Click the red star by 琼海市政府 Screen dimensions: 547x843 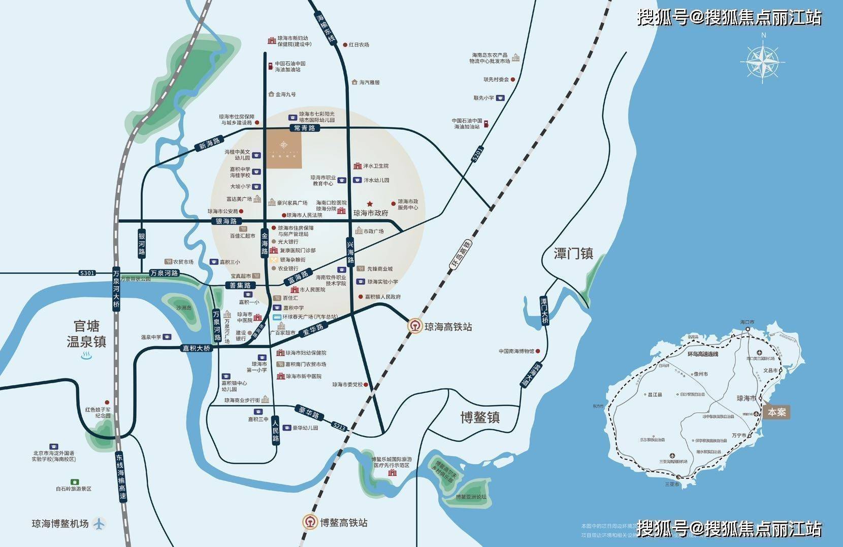[x=370, y=203]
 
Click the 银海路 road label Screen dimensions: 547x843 [x=226, y=221]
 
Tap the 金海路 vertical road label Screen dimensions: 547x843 [x=265, y=244]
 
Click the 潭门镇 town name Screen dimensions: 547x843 [x=574, y=253]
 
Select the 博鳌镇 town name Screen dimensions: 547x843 [x=480, y=417]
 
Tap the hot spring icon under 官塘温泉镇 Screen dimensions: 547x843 [x=86, y=357]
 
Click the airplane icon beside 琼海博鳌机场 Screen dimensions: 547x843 [x=100, y=523]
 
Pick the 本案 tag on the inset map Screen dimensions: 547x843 [x=776, y=412]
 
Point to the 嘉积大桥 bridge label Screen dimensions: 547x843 [x=197, y=349]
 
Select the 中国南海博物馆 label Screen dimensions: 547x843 [x=516, y=351]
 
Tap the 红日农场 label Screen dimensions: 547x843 [x=359, y=45]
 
